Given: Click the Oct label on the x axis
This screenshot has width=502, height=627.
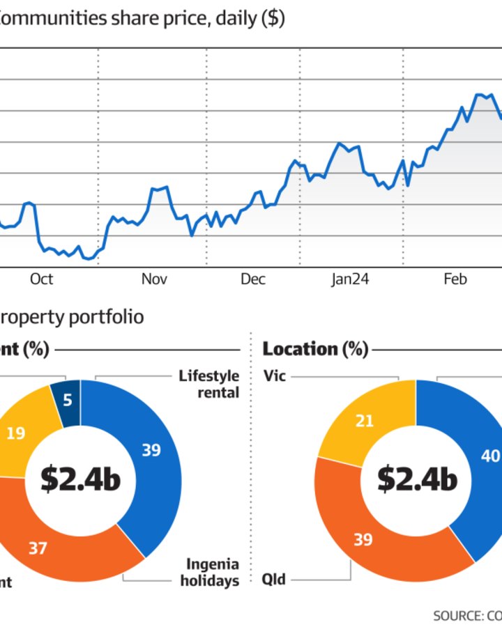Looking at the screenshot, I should click(x=42, y=279).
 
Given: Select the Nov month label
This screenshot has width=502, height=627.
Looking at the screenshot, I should click(x=154, y=279).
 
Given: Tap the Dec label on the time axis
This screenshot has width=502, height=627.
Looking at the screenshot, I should click(x=253, y=279).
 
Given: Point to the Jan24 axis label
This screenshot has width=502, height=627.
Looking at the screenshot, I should click(x=350, y=279).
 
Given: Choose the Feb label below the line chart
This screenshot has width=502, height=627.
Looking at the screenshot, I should click(x=455, y=279).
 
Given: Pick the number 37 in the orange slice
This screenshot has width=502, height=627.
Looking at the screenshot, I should click(x=38, y=548).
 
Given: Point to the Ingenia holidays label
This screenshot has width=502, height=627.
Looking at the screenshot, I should click(x=209, y=572).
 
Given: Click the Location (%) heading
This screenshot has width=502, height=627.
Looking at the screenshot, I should click(x=315, y=349).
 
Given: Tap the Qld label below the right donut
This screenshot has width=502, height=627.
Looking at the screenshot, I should click(x=274, y=579).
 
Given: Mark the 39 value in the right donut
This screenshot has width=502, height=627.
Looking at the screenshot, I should click(x=363, y=540).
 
